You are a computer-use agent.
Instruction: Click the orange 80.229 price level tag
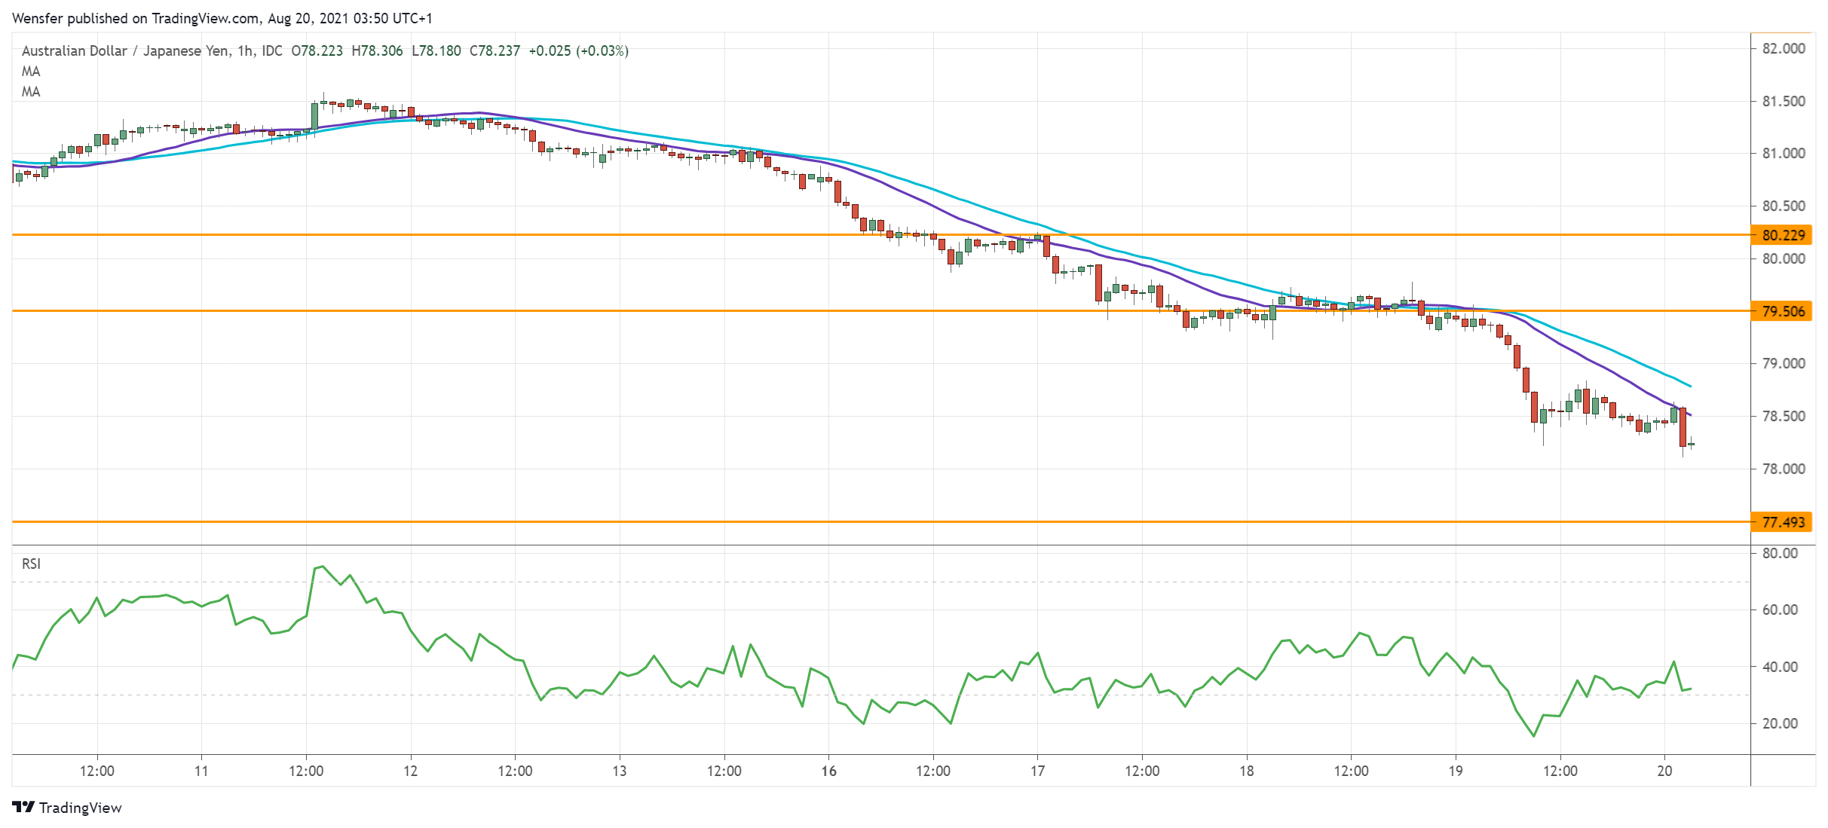tap(1783, 235)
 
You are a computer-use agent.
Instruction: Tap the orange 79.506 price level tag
tap(1783, 311)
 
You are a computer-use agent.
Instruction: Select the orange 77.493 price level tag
tap(1783, 522)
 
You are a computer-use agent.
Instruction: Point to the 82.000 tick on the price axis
tap(1783, 48)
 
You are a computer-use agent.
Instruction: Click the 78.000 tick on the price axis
tap(1783, 469)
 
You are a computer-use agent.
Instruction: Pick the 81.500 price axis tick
tap(1783, 101)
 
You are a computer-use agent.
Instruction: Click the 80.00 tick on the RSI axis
tap(1780, 553)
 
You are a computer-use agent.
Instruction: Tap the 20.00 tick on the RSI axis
tap(1780, 723)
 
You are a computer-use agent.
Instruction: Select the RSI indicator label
tap(31, 564)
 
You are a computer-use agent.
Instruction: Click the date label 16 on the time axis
tap(828, 771)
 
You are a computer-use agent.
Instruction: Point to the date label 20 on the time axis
tap(1664, 771)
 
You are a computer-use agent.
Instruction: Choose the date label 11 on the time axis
tap(201, 771)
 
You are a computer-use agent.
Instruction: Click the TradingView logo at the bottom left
tap(67, 808)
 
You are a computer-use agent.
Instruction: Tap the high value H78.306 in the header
tap(377, 50)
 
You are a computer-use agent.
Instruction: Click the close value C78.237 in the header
tap(495, 50)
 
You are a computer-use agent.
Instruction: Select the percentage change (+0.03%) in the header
tap(602, 50)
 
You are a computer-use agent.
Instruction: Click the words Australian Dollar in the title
tap(74, 50)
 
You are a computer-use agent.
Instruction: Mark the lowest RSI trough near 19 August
tap(1533, 736)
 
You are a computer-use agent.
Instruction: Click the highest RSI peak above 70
tap(323, 566)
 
